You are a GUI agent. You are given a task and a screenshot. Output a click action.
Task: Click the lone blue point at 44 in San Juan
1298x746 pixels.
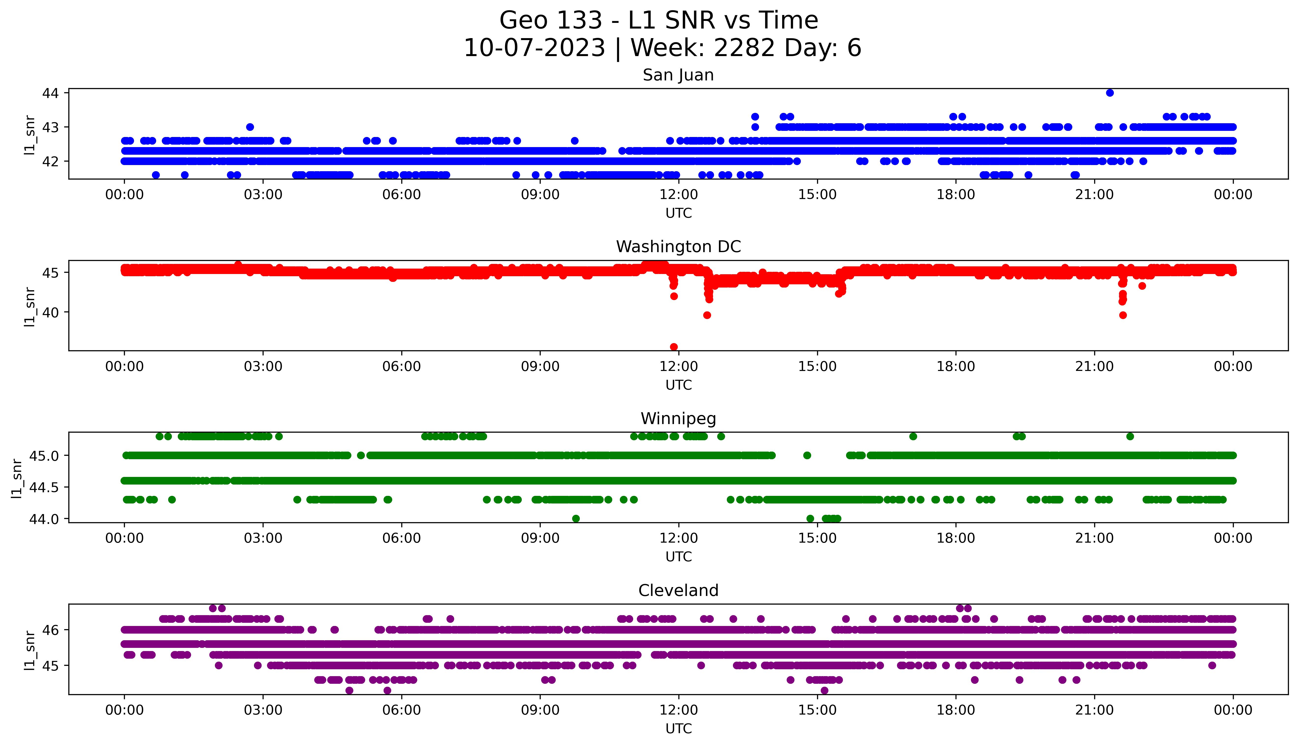(x=1110, y=93)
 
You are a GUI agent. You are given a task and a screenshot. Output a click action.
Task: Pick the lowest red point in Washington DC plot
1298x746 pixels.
(x=674, y=347)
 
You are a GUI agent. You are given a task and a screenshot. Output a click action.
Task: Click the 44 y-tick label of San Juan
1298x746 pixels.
(x=51, y=93)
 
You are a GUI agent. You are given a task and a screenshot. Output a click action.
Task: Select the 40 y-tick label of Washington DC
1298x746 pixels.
(x=51, y=312)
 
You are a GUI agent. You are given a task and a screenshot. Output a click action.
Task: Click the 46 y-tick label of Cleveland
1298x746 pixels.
(x=51, y=630)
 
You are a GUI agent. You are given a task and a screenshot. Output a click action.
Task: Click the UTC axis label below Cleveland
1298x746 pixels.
(x=678, y=729)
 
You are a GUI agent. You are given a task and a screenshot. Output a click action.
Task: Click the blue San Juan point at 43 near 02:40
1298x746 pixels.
(x=250, y=127)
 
